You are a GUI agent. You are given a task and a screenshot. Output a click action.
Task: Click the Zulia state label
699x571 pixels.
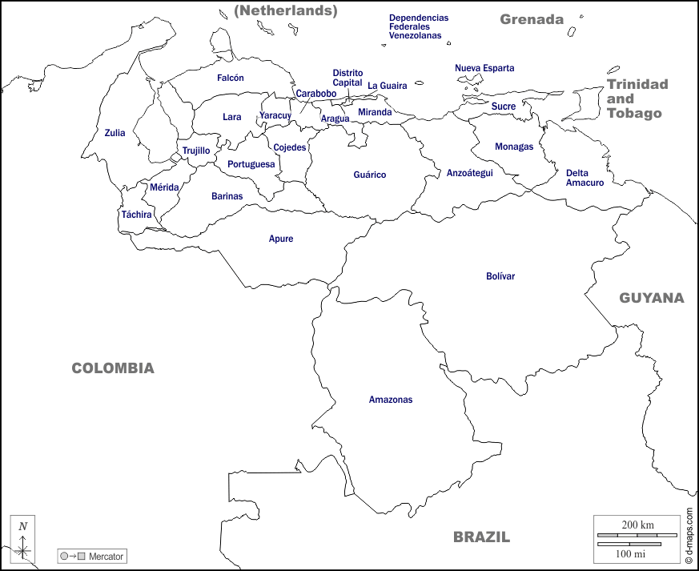[x=114, y=133]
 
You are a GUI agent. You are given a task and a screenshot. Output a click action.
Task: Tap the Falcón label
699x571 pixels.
[x=230, y=78]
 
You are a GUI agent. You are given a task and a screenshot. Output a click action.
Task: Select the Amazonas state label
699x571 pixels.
[x=391, y=400]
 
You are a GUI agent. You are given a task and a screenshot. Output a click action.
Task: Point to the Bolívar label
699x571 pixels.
[x=500, y=276]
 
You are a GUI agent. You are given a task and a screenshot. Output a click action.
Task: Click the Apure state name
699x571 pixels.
[x=281, y=239]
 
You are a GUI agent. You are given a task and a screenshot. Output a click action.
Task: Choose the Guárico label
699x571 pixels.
[x=370, y=175]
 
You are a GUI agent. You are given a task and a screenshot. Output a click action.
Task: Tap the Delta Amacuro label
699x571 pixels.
[x=585, y=178]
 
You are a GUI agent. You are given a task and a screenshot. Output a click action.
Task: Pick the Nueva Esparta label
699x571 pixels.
[x=484, y=68]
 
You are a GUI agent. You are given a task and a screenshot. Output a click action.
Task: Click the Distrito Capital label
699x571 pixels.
[x=347, y=78]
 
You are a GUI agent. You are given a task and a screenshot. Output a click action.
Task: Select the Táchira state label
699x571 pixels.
[x=136, y=215]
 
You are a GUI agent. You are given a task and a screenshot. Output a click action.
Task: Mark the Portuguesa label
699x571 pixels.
[x=251, y=164]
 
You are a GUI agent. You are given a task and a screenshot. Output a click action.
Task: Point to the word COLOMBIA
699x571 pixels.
[x=113, y=368]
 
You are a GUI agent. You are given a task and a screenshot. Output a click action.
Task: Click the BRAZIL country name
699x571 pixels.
[x=481, y=537]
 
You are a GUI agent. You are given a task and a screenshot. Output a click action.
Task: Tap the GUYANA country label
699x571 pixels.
[x=651, y=298]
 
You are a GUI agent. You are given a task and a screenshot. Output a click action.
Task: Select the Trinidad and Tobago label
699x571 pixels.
[x=637, y=99]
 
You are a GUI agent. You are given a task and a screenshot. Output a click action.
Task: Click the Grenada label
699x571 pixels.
[x=532, y=19]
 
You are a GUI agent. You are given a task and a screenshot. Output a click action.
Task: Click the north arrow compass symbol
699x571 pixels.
[x=23, y=540]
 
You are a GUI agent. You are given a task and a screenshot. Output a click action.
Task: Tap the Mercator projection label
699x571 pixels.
[x=91, y=557]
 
